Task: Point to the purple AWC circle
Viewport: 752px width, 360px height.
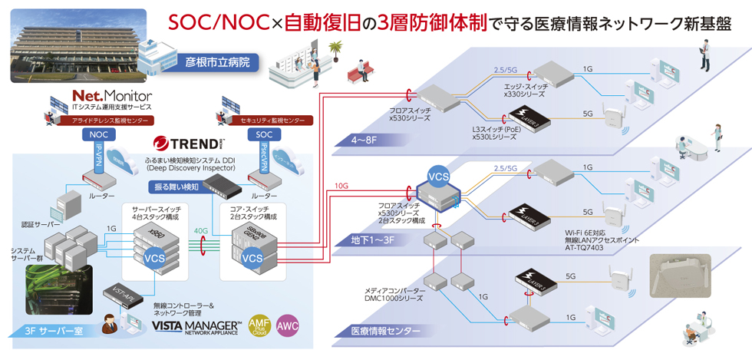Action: pyautogui.click(x=288, y=325)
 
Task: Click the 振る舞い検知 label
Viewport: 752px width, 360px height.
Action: pyautogui.click(x=178, y=187)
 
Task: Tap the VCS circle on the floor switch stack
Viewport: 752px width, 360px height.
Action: pyautogui.click(x=437, y=177)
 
